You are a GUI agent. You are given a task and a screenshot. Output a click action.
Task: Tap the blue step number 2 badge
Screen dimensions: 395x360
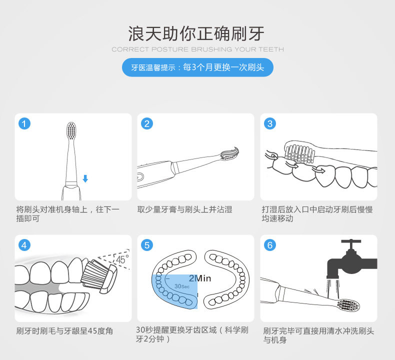(147, 123)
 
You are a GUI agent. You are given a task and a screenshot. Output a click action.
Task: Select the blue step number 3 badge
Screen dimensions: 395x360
(270, 123)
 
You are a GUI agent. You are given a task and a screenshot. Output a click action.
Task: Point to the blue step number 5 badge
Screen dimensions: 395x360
(147, 245)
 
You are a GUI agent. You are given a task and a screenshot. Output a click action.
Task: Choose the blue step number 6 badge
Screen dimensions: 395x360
(270, 245)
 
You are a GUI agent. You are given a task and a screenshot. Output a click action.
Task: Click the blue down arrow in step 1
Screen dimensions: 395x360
(85, 178)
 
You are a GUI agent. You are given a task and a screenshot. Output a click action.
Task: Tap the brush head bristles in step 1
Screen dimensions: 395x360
(72, 131)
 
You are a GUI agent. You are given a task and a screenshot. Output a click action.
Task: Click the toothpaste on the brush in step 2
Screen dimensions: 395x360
(231, 152)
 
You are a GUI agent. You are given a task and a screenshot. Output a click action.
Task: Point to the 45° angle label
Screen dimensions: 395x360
(121, 259)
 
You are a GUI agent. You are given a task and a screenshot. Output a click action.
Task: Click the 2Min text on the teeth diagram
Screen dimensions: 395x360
(200, 278)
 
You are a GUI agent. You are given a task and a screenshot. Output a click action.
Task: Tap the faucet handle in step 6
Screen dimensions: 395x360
(354, 242)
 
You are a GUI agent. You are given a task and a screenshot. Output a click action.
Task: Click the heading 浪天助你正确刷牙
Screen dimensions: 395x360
(197, 33)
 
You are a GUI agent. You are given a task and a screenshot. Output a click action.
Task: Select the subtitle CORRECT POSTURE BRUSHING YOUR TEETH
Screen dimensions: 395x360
(197, 49)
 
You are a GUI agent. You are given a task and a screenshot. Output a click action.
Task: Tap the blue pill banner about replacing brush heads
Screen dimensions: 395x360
(197, 67)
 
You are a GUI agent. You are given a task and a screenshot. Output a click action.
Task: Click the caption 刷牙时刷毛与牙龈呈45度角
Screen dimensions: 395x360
(64, 331)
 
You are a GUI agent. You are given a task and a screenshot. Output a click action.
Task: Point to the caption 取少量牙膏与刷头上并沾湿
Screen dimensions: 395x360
(185, 209)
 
